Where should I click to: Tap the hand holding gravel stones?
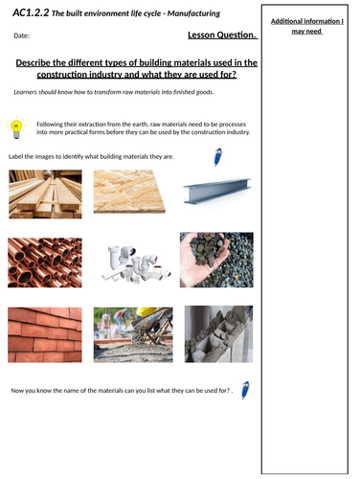[x=217, y=261]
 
